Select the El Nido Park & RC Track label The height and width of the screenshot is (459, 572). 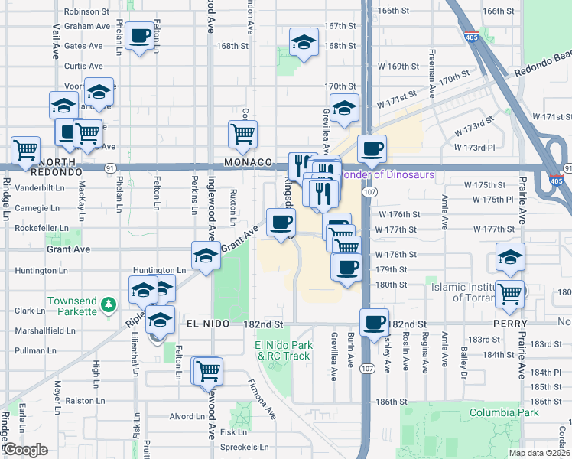pyautogui.click(x=283, y=350)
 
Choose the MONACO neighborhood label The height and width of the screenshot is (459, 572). pyautogui.click(x=249, y=163)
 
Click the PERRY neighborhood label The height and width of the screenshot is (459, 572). pyautogui.click(x=534, y=324)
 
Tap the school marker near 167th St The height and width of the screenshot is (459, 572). pyautogui.click(x=304, y=42)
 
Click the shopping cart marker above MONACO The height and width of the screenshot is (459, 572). pyautogui.click(x=242, y=134)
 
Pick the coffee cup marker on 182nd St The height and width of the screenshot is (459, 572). pyautogui.click(x=375, y=322)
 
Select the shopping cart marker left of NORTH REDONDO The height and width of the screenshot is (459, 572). pyautogui.click(x=25, y=149)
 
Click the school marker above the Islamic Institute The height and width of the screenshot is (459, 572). pyautogui.click(x=510, y=258)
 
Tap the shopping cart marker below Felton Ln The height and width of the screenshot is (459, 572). pyautogui.click(x=207, y=371)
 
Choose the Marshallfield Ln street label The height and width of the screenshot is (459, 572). pyautogui.click(x=44, y=331)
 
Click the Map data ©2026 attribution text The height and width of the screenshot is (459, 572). pyautogui.click(x=538, y=453)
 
